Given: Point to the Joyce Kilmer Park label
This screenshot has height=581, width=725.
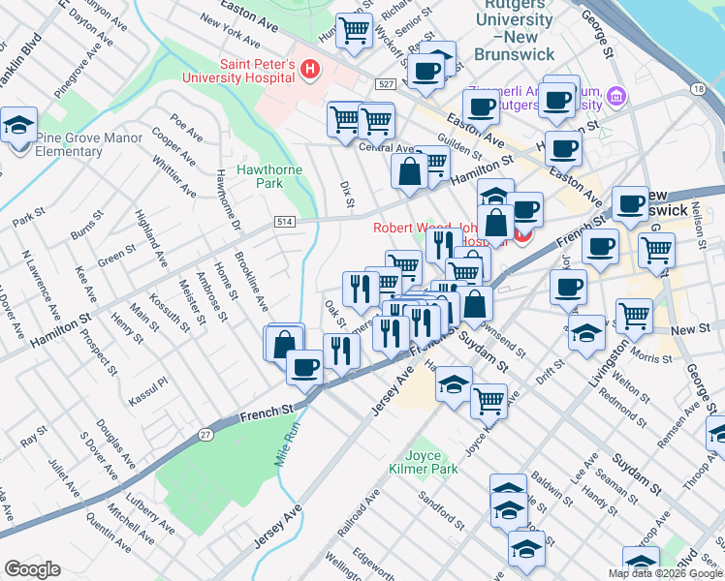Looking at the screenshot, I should tap(431, 462).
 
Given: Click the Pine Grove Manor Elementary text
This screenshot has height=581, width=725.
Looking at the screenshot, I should tap(89, 144).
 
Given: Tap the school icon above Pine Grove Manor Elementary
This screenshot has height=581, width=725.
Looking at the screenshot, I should tap(18, 126).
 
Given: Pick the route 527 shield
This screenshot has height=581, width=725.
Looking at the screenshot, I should tap(385, 85).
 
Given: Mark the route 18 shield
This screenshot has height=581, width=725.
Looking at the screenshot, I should tap(698, 89).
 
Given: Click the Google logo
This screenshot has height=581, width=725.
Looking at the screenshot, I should tap(32, 569).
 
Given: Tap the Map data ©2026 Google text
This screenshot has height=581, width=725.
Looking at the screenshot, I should tap(665, 573).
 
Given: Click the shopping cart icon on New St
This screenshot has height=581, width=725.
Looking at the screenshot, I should tap(635, 315).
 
